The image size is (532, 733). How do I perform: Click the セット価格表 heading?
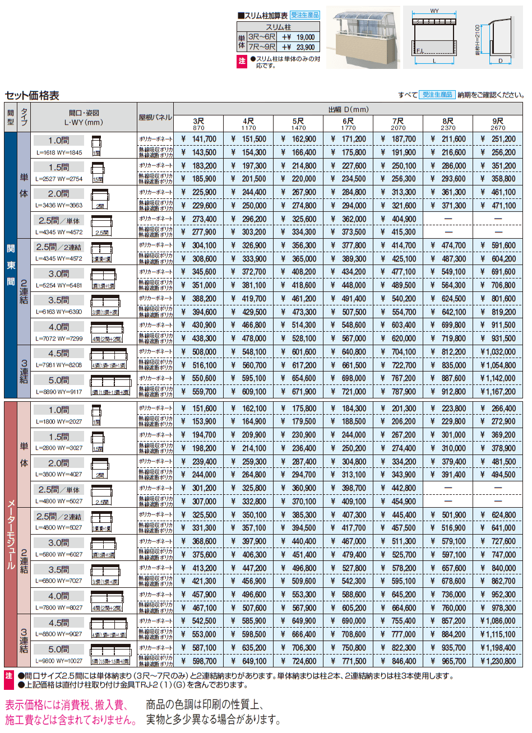point(32,95)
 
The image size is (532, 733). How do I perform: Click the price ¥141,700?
point(200,139)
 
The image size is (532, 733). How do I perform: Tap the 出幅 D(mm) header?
point(348,109)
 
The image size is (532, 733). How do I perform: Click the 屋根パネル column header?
point(155,117)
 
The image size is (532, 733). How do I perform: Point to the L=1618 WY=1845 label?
point(59,152)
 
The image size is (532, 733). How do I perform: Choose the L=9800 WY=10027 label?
point(59,661)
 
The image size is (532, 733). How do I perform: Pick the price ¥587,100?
point(200,648)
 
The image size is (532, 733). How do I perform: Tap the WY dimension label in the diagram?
point(435,11)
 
